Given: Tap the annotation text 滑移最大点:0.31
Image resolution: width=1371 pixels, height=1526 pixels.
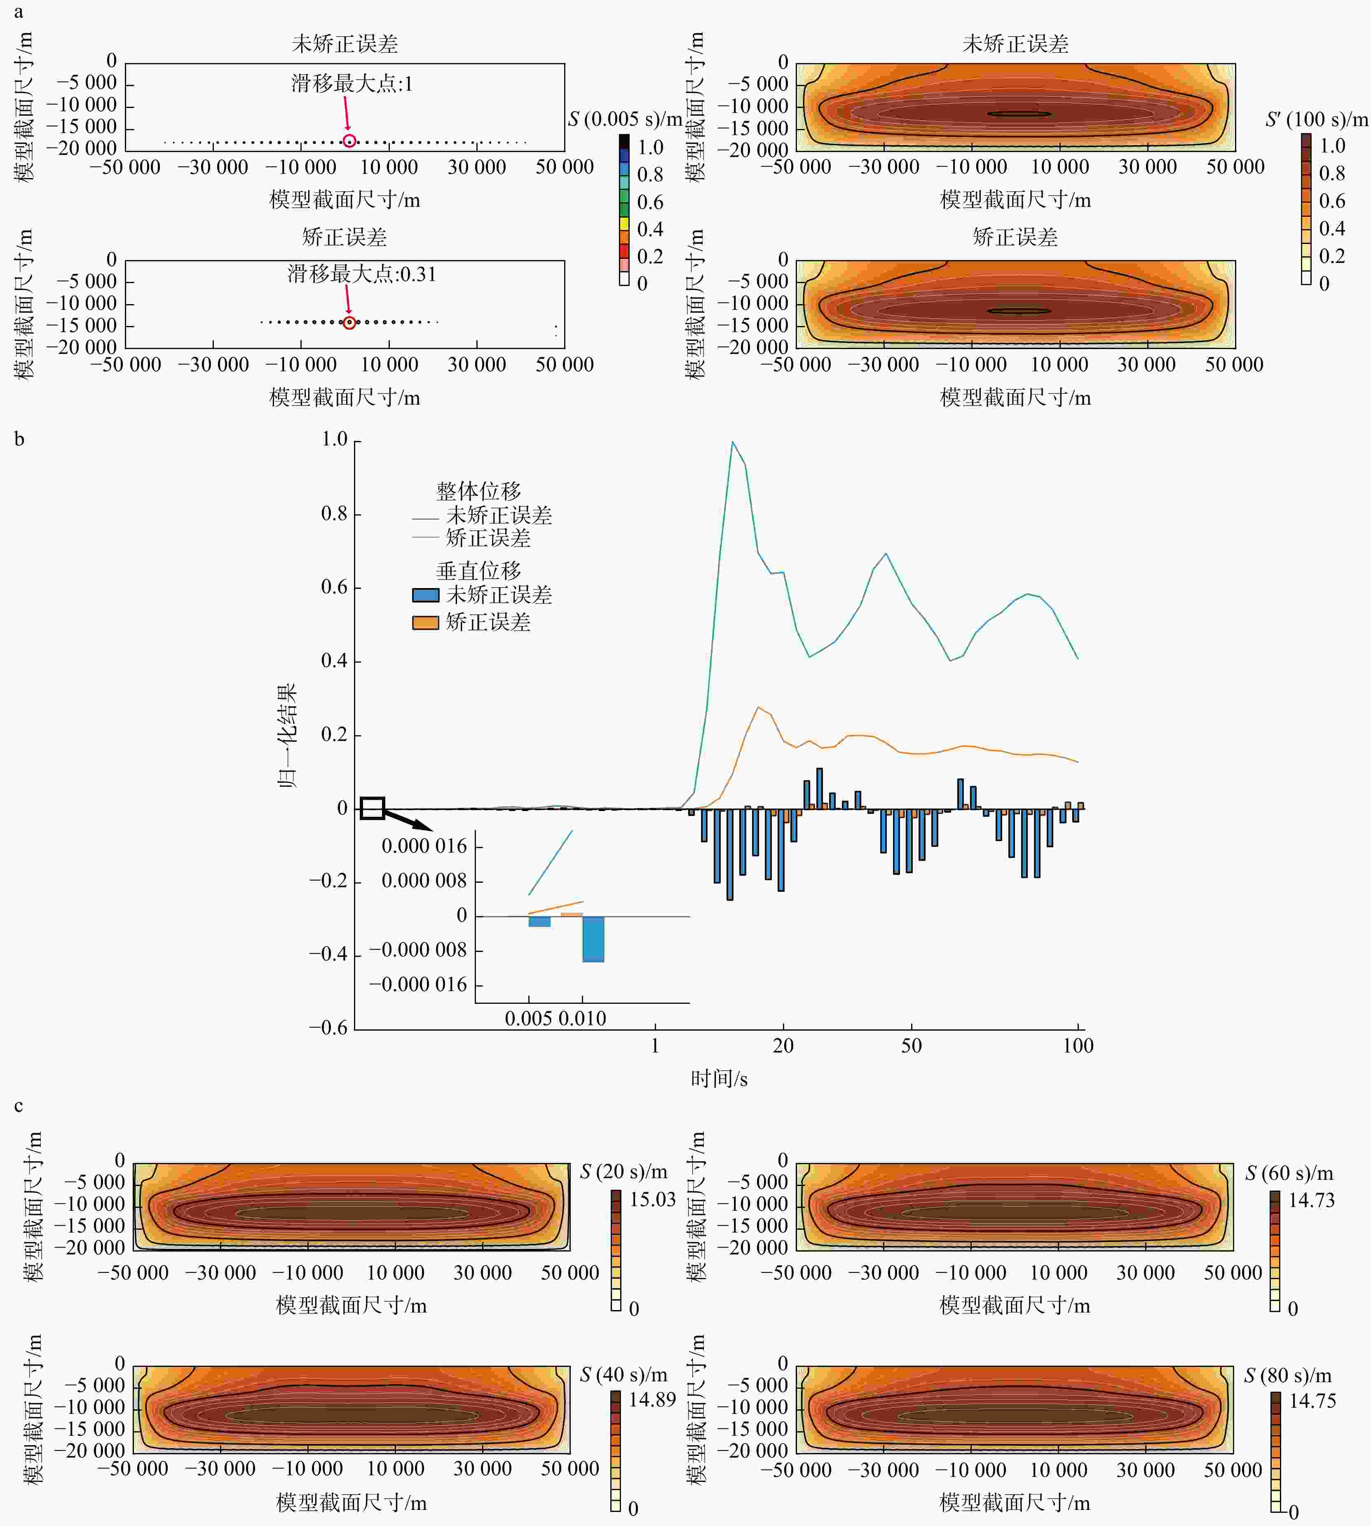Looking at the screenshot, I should coord(361,274).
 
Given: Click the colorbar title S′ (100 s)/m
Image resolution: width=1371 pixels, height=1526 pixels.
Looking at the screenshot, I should coord(1316,119).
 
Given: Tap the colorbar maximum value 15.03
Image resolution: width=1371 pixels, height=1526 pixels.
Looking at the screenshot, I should coord(652,1199).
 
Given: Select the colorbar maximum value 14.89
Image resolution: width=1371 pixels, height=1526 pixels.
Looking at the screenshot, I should coord(652,1399).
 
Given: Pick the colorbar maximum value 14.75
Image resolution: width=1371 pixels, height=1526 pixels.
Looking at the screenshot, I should coord(1312,1401).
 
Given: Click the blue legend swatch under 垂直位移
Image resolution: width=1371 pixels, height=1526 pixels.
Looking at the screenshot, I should coord(426,595).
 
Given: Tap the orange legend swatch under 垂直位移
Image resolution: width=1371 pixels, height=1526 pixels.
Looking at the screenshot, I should coord(426,622).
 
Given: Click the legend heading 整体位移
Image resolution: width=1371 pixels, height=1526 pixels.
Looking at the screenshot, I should coord(478,491).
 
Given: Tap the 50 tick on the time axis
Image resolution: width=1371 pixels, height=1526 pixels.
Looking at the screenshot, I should coord(912,1045).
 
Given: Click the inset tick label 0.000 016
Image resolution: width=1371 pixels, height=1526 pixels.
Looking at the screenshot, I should coord(424,846).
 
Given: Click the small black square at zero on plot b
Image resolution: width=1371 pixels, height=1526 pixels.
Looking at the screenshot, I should coord(372,808).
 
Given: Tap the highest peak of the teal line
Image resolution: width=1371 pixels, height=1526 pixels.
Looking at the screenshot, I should coord(732,442).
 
